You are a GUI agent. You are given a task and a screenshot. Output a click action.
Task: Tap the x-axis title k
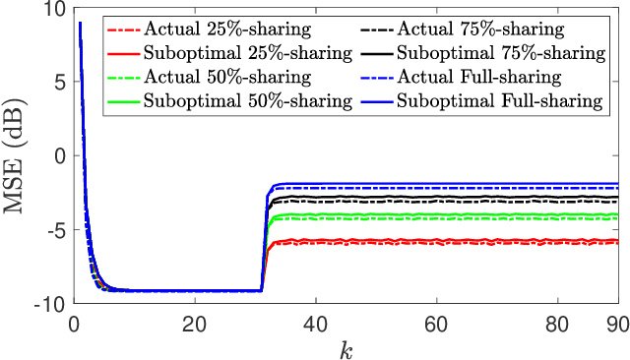346,347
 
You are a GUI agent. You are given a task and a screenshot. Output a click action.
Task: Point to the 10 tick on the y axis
53,10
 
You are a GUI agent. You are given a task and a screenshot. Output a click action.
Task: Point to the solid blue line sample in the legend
374,99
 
